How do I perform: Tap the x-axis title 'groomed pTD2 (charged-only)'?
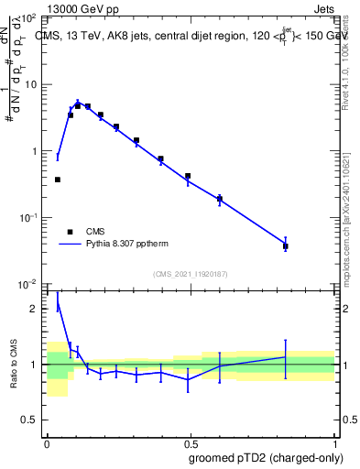coord(265,457)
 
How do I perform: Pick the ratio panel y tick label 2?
coord(35,310)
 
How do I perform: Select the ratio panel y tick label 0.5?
coord(30,420)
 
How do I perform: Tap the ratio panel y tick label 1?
coord(35,365)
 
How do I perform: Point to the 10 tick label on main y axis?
coord(30,85)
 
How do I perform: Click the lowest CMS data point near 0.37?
coord(58,180)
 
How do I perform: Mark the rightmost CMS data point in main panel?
coord(286,246)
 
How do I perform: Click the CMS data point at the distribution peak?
coord(78,105)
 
